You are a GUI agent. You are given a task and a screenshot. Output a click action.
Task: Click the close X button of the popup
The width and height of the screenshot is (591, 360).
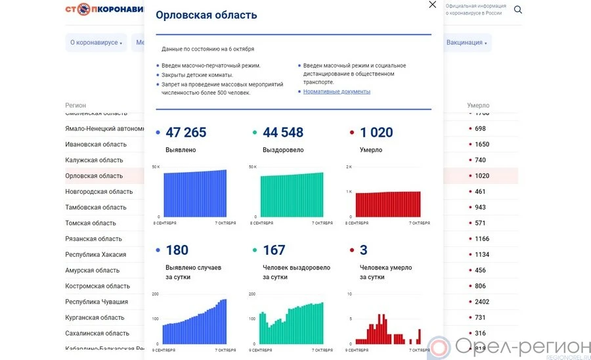[x=432, y=5]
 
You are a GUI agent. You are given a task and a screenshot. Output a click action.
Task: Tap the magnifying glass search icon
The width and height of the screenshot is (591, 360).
[x=518, y=10]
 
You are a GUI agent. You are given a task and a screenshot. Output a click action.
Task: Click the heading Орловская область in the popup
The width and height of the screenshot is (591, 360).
[x=206, y=15]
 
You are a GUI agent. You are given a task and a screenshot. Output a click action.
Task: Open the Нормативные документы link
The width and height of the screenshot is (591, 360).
[x=337, y=91]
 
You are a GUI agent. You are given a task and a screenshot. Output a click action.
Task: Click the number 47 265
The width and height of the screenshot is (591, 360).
[x=186, y=133]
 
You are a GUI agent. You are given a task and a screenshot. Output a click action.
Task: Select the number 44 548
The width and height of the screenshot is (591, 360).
[x=283, y=133]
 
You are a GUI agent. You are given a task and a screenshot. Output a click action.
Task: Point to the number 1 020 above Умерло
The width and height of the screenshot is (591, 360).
[x=376, y=133]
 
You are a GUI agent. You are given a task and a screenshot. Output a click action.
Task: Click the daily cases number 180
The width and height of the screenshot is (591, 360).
[x=177, y=250]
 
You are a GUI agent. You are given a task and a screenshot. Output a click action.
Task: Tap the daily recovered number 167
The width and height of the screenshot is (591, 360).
[x=274, y=250]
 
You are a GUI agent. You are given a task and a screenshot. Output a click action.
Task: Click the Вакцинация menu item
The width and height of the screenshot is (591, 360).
[x=466, y=43]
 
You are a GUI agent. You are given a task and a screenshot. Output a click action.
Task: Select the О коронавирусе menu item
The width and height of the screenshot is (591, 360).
[x=96, y=43]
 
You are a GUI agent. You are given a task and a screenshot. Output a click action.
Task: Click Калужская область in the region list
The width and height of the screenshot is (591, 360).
[x=94, y=160]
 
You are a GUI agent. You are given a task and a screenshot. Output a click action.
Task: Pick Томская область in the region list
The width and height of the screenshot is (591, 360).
[x=91, y=223]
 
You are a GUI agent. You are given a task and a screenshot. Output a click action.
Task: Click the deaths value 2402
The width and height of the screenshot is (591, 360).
[x=481, y=302]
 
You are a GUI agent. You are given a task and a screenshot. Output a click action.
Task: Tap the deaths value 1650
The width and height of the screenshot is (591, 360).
[x=481, y=145]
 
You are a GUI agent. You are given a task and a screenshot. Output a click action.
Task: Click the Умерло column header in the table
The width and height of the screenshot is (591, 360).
[x=478, y=105]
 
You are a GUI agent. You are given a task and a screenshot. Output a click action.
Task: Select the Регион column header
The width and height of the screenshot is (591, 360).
[x=76, y=105]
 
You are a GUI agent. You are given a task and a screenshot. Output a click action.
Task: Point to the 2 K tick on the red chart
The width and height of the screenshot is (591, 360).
[x=349, y=167]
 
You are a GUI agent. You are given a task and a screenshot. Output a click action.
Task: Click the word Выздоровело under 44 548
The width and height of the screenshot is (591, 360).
[x=284, y=150]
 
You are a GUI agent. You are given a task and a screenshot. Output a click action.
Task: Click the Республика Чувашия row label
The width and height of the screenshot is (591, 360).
[x=97, y=302]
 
